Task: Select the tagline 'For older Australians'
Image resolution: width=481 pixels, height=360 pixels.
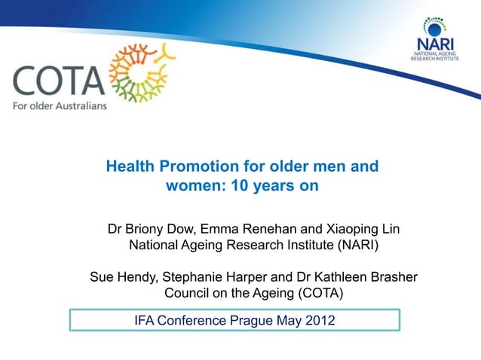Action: [x=60, y=105]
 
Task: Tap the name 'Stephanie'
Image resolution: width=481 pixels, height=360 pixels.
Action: [x=200, y=277]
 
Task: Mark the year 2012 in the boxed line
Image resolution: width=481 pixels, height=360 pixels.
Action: [x=316, y=321]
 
